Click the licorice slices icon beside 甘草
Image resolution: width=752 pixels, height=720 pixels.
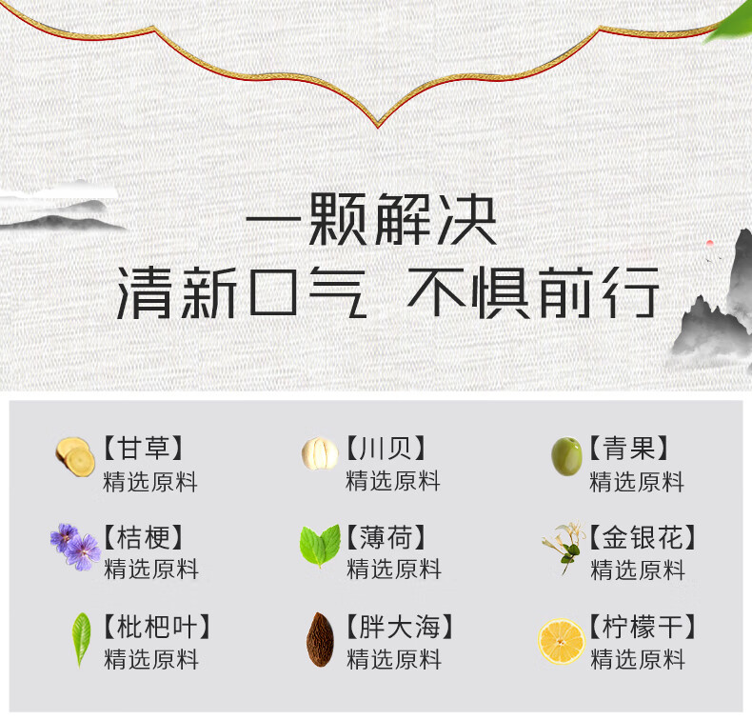pos(75,456)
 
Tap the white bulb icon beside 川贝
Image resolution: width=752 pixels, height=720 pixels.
pos(320,452)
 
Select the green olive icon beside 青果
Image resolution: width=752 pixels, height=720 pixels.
pos(566,456)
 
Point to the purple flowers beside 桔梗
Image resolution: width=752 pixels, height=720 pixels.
pos(75,547)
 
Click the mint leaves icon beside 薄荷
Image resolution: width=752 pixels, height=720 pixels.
pos(320,546)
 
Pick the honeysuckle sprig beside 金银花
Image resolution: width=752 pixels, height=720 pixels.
pos(564,548)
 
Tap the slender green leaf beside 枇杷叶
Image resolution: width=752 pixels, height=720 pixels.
pos(81,639)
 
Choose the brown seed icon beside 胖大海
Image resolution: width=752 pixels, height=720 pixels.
pos(320,639)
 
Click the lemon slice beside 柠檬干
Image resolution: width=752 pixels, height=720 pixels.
pos(562,641)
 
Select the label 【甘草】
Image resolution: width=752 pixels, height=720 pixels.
pos(143,448)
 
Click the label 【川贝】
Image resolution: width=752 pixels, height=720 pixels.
pos(386,448)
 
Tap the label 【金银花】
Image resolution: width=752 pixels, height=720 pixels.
pos(643,537)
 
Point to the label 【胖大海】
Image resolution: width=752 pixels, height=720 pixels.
pos(400,627)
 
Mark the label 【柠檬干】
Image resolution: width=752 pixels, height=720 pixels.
pos(643,627)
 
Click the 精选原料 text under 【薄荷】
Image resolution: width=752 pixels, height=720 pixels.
pos(394,570)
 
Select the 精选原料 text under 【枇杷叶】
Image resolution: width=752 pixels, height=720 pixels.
pos(151,659)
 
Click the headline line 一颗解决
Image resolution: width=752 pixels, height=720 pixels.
pos(371,220)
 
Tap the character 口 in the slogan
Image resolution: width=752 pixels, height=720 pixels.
pos(273,292)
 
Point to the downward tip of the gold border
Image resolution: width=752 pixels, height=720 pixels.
pos(378,127)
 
